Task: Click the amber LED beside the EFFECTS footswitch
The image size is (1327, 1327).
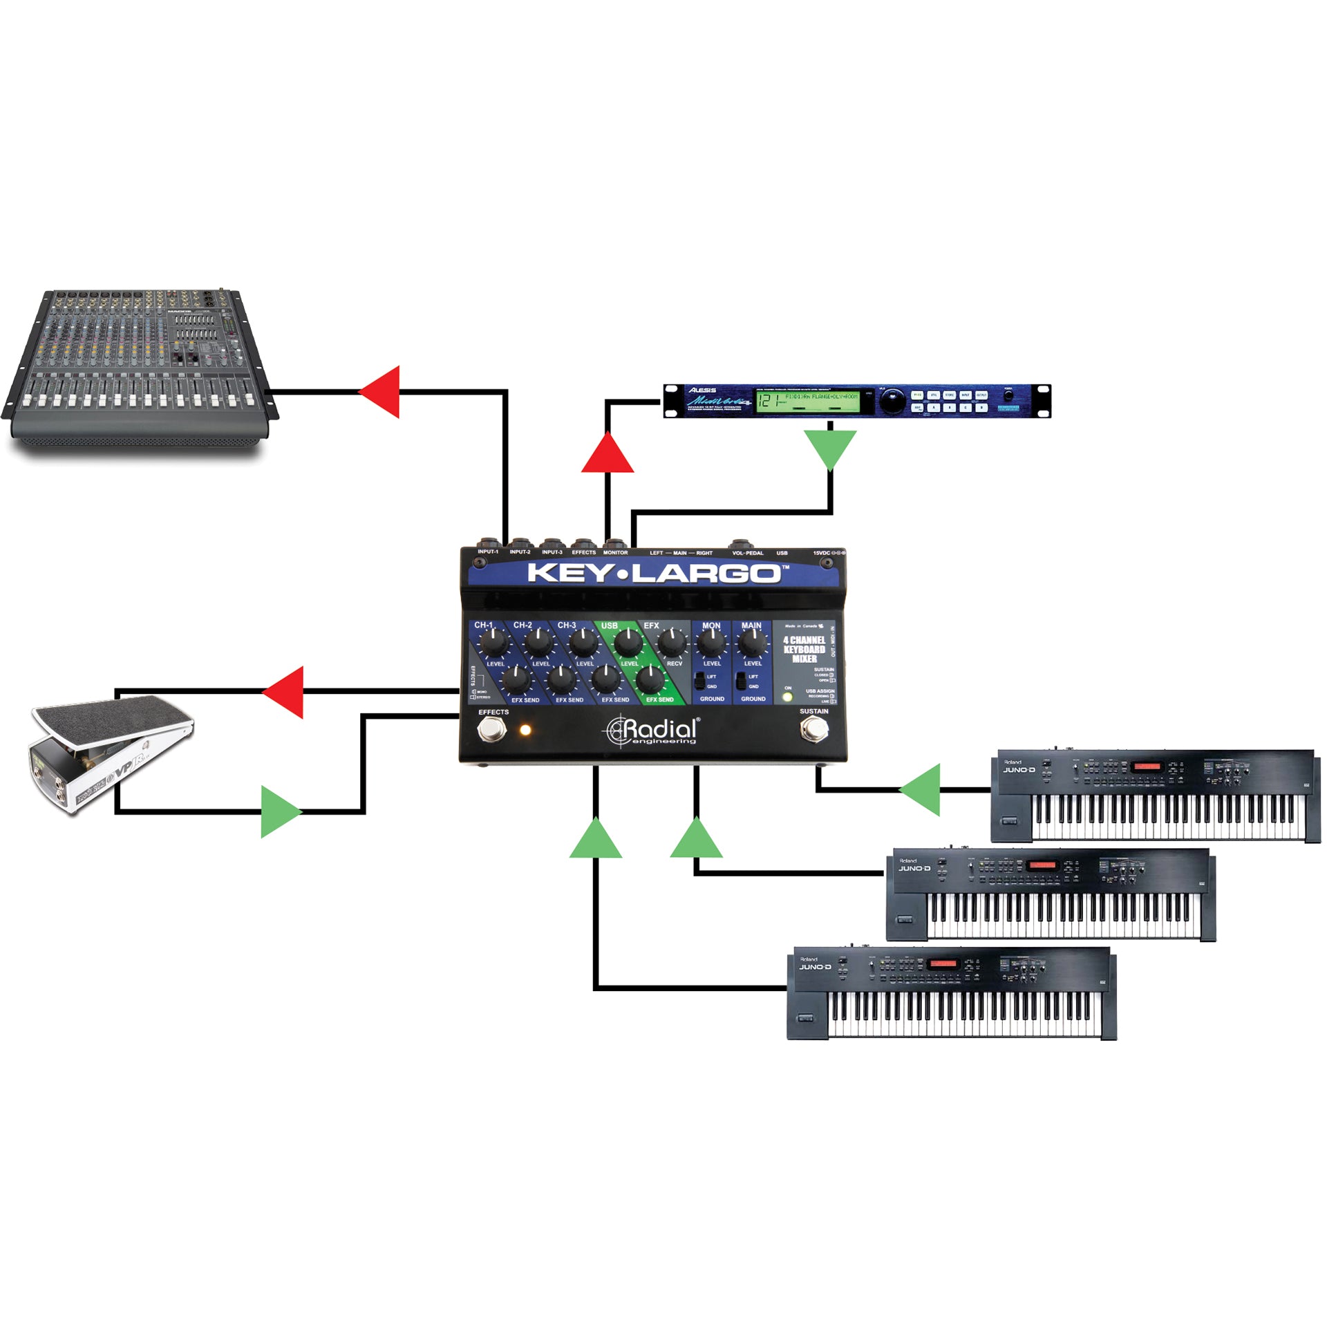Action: click(x=525, y=729)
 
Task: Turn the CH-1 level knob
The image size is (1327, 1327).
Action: click(x=493, y=644)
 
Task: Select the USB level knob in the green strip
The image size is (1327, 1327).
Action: click(x=627, y=643)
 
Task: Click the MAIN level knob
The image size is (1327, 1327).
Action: click(x=751, y=643)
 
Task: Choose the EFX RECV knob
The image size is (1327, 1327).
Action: click(x=671, y=643)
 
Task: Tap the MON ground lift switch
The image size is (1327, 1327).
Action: click(x=700, y=680)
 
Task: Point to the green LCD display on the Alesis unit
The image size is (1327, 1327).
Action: click(x=807, y=402)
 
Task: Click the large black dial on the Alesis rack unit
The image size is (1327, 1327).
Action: click(x=894, y=400)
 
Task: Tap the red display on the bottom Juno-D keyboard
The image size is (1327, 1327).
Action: click(x=943, y=963)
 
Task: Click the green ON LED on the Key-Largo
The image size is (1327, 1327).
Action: click(x=787, y=697)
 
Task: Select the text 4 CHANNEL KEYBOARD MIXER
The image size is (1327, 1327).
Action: click(x=804, y=650)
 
